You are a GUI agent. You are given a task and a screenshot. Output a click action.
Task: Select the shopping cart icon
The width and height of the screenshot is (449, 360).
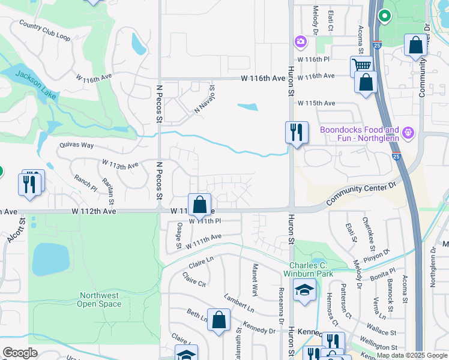click(361, 67)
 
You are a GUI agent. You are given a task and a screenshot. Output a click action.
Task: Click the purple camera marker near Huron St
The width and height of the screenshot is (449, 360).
click(300, 42)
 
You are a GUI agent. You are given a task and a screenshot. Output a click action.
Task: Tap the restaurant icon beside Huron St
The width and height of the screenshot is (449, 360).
click(296, 133)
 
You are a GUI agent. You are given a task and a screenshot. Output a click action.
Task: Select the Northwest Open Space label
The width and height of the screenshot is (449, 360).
click(99, 299)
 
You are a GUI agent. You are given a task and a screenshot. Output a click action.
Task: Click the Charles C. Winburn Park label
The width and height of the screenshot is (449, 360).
click(311, 269)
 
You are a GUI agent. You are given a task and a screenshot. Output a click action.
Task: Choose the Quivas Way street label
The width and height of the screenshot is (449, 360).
click(77, 145)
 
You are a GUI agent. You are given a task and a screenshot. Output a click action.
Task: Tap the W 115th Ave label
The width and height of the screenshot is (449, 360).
click(316, 103)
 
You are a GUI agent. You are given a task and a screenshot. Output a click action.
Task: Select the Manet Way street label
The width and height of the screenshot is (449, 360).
click(255, 280)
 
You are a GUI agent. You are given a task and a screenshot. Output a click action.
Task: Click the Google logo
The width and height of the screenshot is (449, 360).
click(20, 353)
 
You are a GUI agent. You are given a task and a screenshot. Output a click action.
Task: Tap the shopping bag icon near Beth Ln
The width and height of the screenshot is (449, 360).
click(220, 320)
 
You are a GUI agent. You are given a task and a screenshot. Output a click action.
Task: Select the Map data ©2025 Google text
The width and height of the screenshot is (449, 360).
click(411, 355)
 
